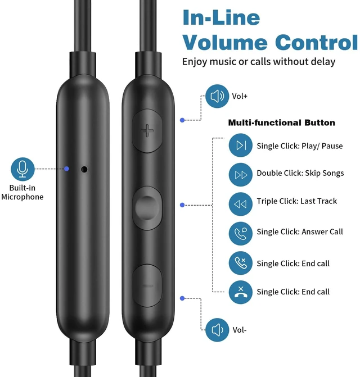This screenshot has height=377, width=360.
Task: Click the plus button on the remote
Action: point(147,131)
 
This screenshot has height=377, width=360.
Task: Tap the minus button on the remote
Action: point(147,285)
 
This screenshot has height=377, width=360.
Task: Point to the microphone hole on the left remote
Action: point(84,169)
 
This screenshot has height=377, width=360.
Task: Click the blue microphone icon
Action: point(22,169)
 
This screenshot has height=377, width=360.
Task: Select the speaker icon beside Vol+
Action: point(217,96)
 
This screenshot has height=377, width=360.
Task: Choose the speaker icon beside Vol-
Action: point(217,330)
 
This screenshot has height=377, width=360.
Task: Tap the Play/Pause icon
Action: point(240,145)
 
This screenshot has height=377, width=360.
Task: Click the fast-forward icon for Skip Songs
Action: point(240,175)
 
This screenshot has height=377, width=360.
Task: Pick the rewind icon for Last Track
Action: point(240,204)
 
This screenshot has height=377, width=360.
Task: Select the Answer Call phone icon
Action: point(240,234)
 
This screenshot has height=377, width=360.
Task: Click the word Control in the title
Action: point(317,42)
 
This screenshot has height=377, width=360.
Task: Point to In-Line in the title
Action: point(221,17)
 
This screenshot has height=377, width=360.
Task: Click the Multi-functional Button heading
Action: point(282,122)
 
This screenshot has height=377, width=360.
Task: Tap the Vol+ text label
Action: point(240,96)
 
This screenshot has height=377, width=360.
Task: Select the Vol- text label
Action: point(240,330)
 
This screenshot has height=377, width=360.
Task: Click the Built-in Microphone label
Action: point(22,192)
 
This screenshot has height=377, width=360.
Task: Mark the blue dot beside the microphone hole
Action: point(67,169)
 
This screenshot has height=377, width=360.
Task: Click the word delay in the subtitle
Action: point(323,62)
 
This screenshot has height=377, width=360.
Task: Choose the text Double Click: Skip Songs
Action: point(300,173)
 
